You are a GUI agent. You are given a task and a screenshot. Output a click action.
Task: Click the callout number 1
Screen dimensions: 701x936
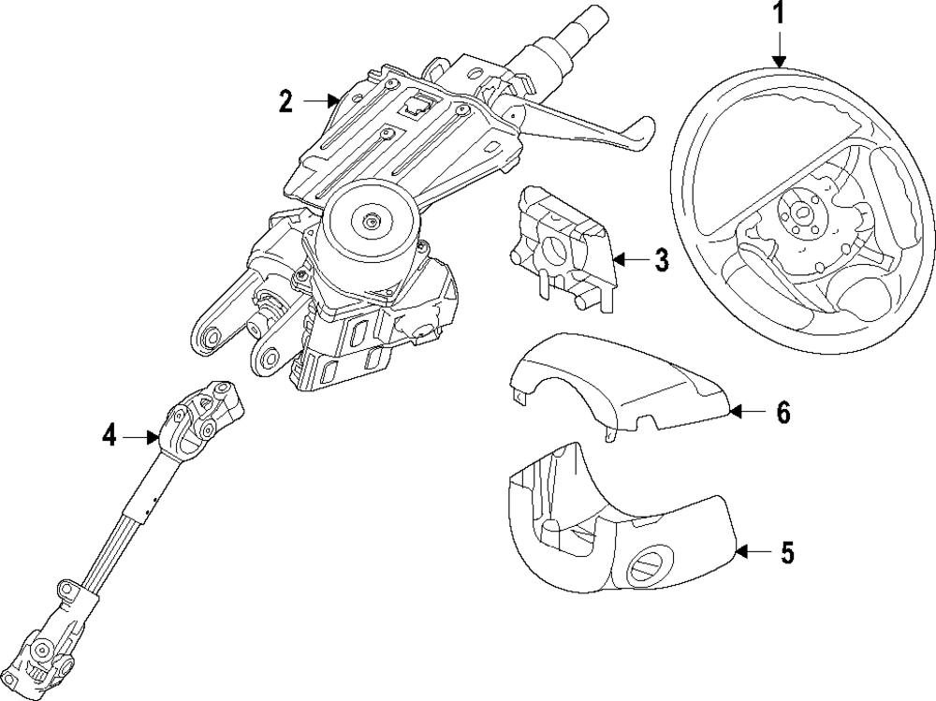click(780, 15)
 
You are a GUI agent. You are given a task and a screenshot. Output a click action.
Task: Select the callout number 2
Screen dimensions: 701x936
click(286, 101)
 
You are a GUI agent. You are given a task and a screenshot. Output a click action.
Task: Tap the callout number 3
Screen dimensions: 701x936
click(662, 260)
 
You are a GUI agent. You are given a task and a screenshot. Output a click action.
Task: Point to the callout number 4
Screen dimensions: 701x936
click(110, 435)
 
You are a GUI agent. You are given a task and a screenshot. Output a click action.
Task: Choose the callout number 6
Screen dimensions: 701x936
click(783, 411)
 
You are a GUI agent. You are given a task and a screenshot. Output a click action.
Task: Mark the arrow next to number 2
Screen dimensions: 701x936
click(328, 98)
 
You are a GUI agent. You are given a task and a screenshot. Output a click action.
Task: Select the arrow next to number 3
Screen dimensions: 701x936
click(627, 258)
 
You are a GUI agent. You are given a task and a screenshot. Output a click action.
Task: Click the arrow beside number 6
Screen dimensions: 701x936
click(745, 410)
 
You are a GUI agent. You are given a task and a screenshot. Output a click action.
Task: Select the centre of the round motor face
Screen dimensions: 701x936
click(373, 222)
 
